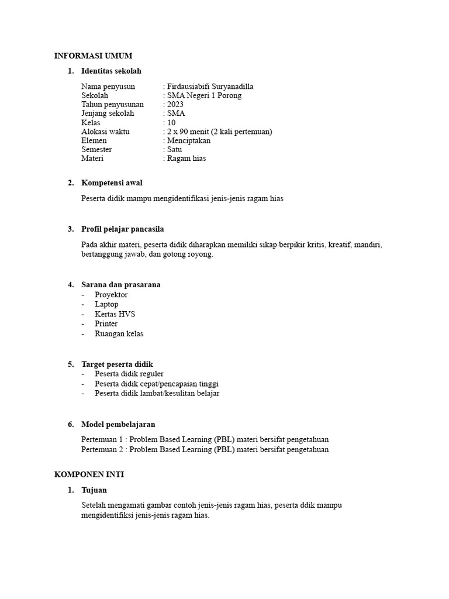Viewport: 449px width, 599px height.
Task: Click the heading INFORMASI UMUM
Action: (x=94, y=56)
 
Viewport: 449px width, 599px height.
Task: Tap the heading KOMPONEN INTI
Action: (x=89, y=474)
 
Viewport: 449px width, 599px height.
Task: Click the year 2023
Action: (x=175, y=105)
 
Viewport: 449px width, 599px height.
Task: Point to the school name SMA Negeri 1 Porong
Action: (x=204, y=95)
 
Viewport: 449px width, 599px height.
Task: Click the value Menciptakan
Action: (x=189, y=140)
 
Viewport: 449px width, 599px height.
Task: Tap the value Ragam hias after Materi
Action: (x=186, y=158)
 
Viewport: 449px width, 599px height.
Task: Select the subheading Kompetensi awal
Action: (x=112, y=183)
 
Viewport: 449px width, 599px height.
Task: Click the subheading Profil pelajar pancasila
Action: (x=126, y=229)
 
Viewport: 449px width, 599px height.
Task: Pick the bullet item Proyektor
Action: (x=111, y=295)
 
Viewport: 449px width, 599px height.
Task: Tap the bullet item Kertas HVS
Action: (x=115, y=314)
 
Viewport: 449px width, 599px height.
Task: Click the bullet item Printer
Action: (x=106, y=323)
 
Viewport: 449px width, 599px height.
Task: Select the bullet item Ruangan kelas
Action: (x=119, y=333)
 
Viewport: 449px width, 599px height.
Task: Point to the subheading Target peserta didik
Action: (x=117, y=364)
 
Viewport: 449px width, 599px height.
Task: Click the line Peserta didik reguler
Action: (x=129, y=374)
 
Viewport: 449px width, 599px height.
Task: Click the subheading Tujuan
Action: (x=94, y=490)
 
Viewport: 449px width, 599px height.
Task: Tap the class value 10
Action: (x=171, y=123)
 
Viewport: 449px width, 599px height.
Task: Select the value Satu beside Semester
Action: (x=174, y=149)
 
